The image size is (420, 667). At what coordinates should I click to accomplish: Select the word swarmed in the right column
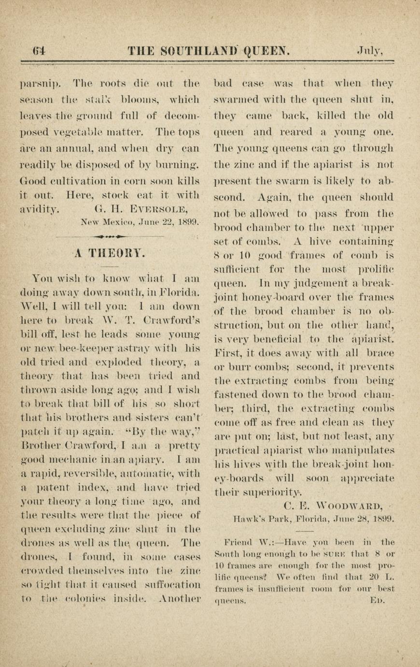point(235,100)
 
